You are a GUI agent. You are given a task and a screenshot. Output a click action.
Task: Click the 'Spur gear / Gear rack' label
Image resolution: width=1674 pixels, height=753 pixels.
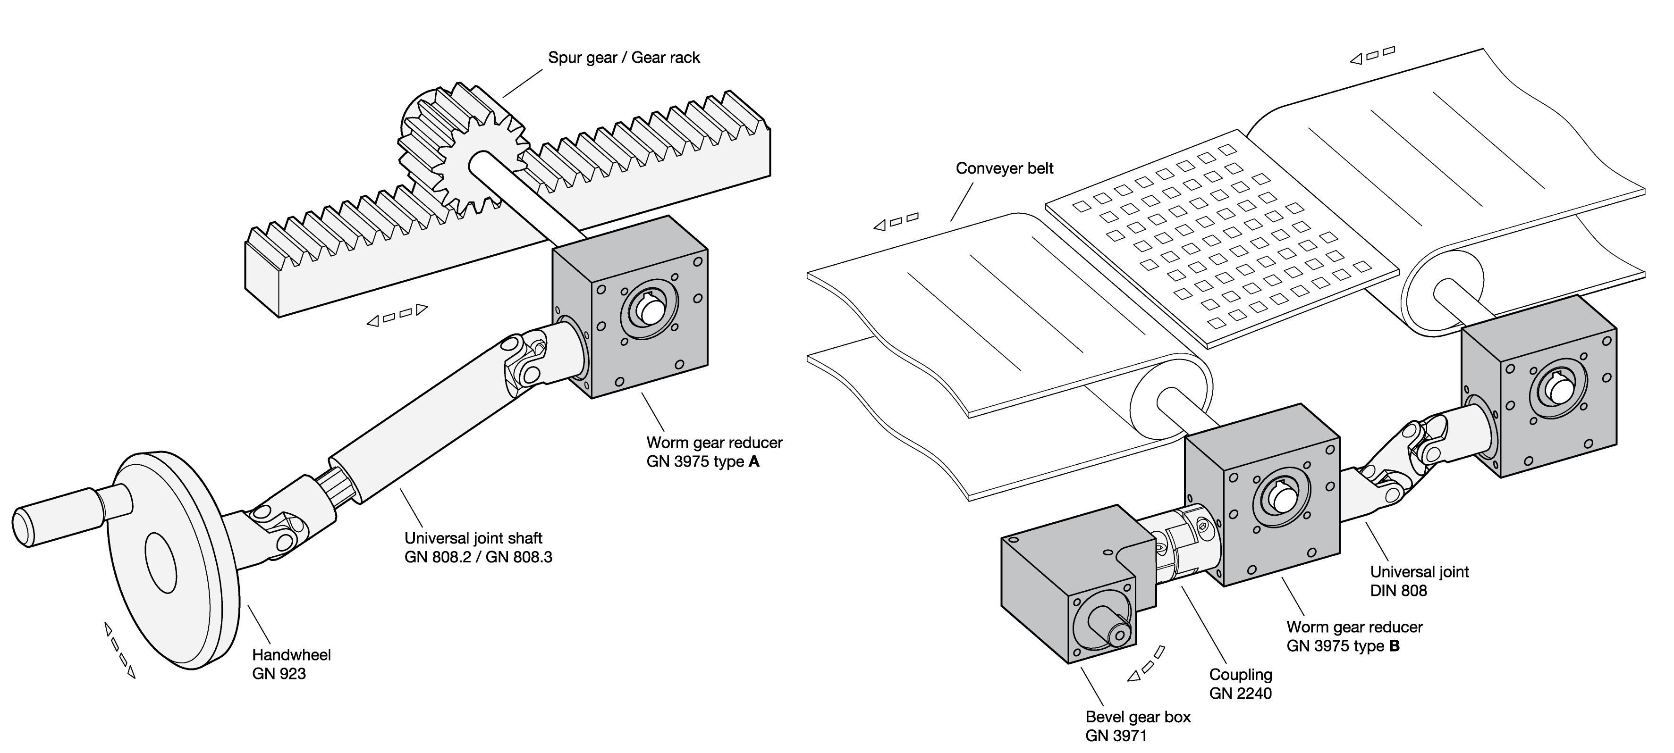(x=623, y=58)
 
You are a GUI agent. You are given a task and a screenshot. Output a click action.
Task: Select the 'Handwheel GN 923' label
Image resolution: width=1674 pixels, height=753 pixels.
(x=291, y=663)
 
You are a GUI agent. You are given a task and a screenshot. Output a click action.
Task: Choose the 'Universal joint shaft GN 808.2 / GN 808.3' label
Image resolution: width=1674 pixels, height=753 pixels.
(x=478, y=547)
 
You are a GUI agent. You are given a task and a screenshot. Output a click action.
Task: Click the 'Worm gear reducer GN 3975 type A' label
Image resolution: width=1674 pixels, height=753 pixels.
(x=713, y=452)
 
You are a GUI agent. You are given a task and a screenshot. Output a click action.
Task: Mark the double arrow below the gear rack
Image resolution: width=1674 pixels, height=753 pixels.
(x=397, y=315)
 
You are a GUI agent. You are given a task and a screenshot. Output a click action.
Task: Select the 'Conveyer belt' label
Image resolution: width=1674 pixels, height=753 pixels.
(x=1004, y=168)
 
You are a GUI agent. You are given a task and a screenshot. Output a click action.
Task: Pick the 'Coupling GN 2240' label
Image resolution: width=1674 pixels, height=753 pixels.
(x=1240, y=684)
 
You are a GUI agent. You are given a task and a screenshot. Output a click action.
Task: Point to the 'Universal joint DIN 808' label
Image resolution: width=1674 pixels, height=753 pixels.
(x=1419, y=581)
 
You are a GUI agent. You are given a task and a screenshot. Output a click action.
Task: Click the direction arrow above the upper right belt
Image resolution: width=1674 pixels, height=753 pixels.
(x=1372, y=55)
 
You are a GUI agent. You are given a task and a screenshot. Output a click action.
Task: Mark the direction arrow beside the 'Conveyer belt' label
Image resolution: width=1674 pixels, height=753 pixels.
(x=896, y=221)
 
